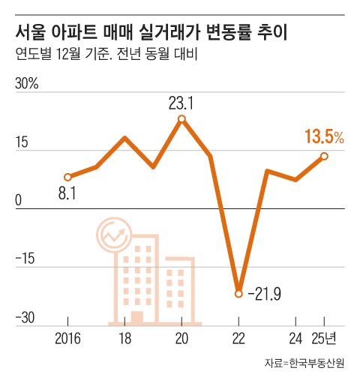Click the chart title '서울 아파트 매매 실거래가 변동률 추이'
(153, 32)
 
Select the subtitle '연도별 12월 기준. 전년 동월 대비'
(105, 56)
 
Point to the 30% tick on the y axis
(27, 83)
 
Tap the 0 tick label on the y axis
(20, 201)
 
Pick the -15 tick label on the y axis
(26, 260)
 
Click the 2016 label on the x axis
(67, 338)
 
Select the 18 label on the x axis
(124, 338)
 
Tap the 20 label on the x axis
(182, 338)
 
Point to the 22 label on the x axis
(239, 338)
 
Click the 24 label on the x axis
(296, 338)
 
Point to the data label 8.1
(68, 194)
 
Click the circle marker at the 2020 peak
(182, 118)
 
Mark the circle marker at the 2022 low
(239, 294)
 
